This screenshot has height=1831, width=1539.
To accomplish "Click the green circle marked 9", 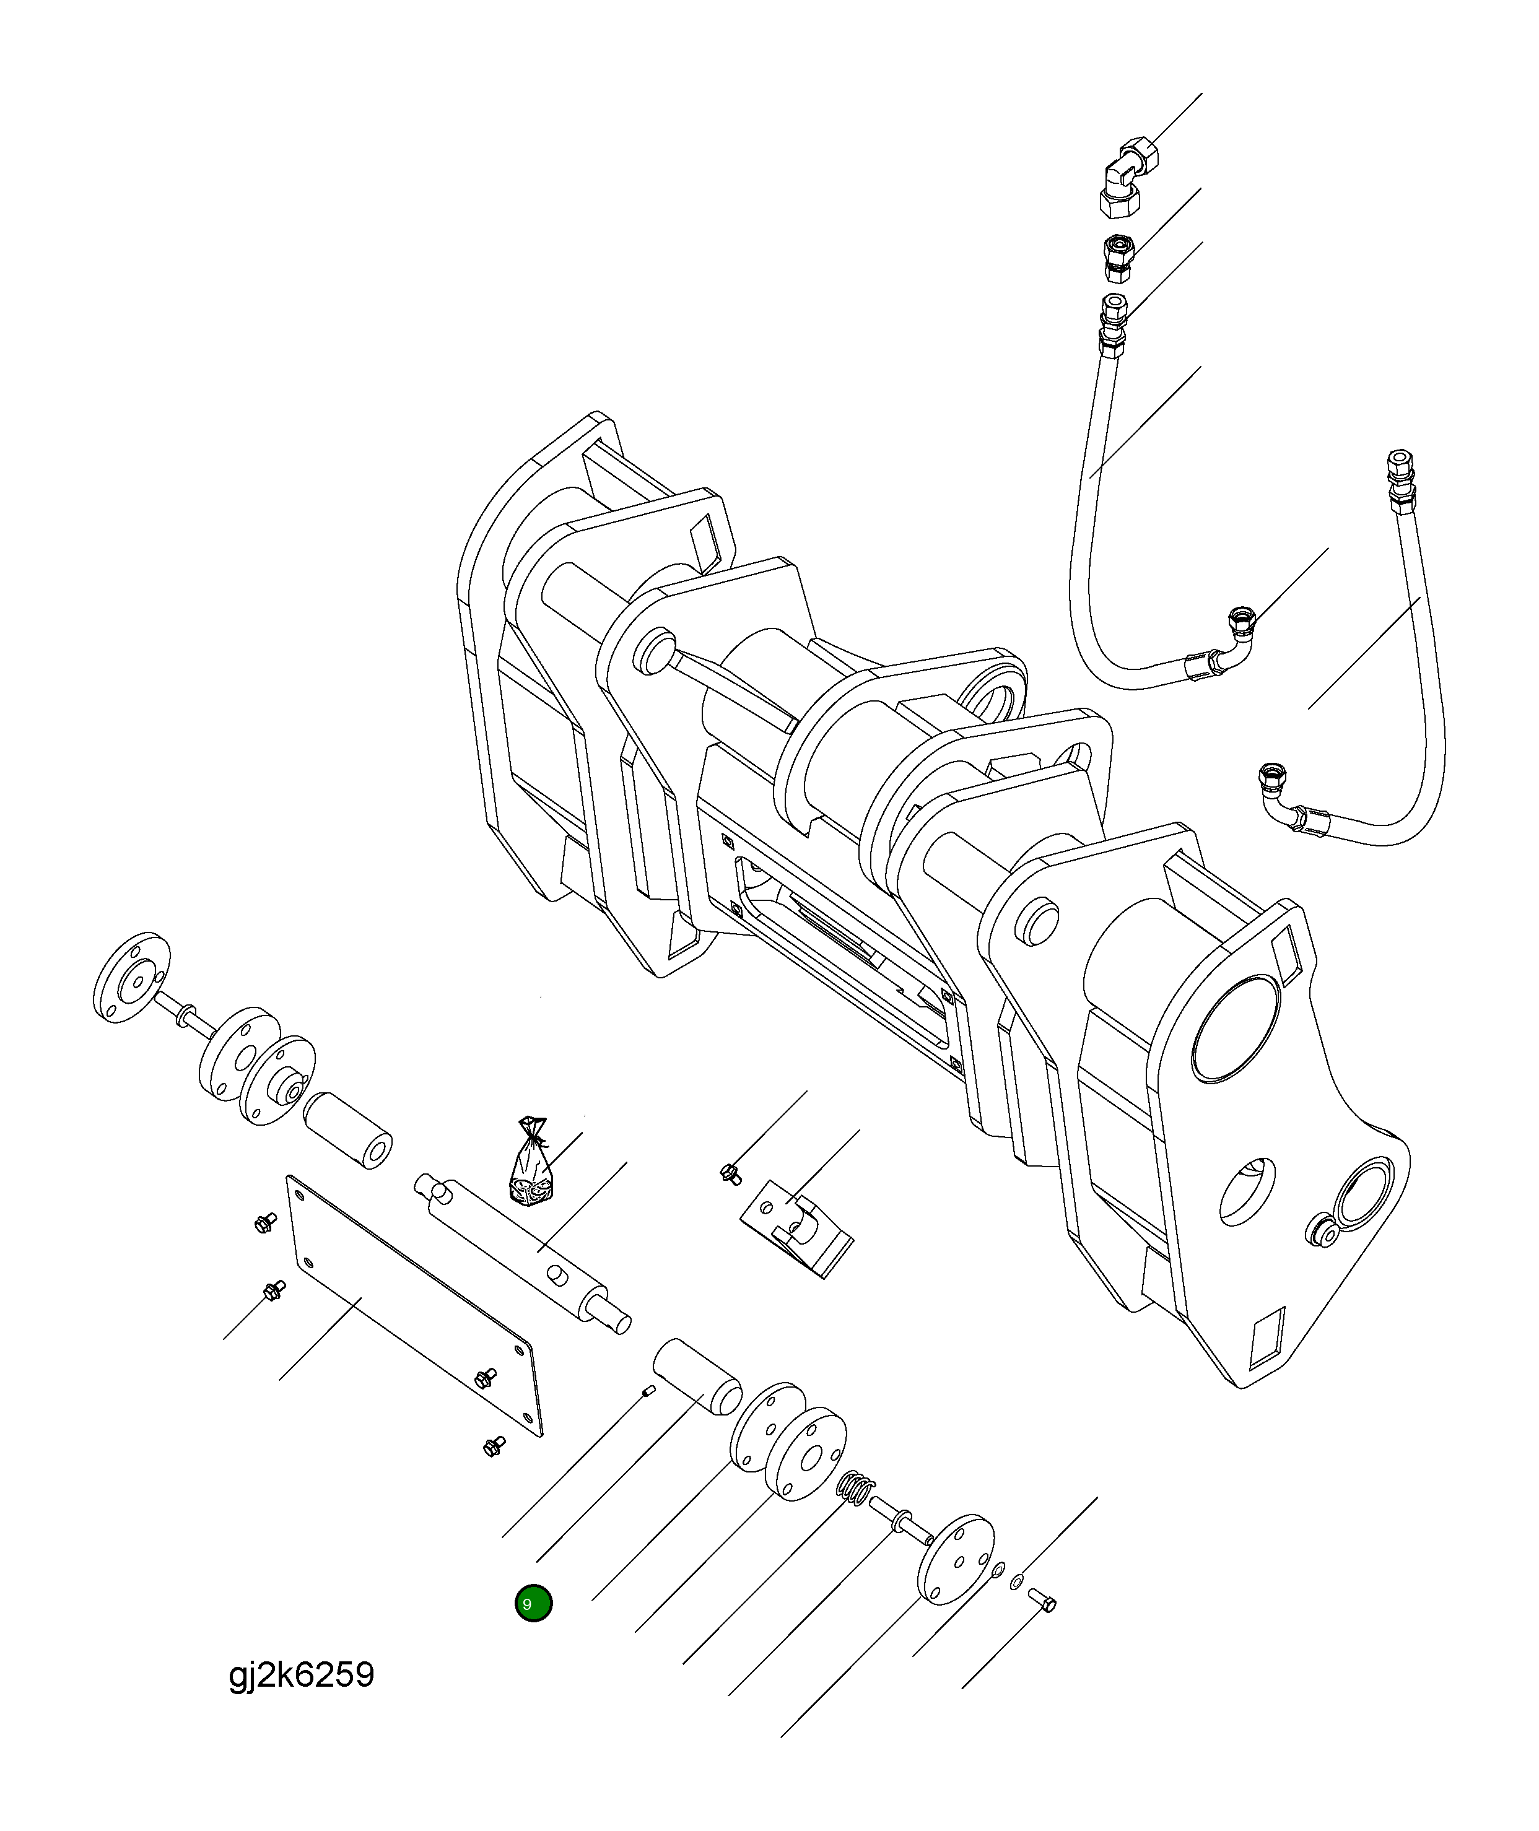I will (x=533, y=1603).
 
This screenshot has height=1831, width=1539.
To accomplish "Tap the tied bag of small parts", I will (x=529, y=1167).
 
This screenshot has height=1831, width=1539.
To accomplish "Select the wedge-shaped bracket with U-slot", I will (x=796, y=1229).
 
